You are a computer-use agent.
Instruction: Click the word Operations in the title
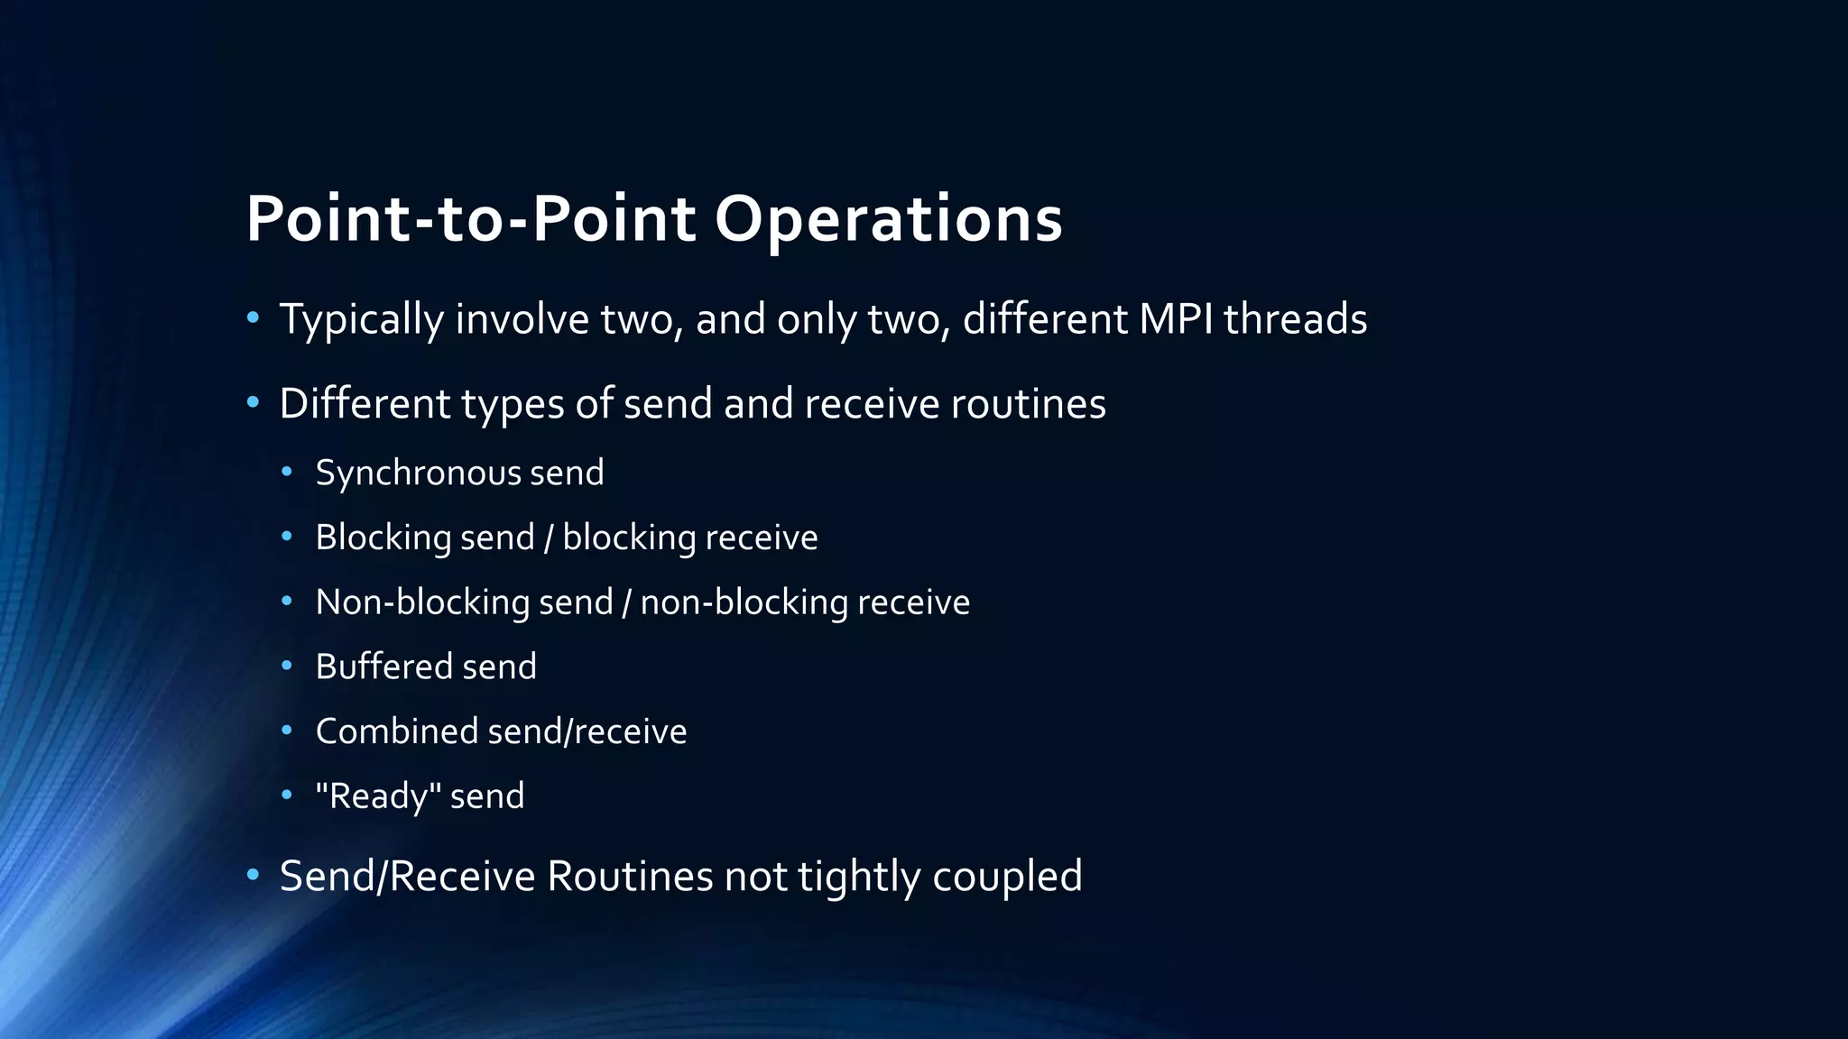(x=888, y=219)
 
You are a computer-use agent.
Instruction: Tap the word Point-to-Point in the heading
(x=470, y=219)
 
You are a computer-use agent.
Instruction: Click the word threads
(x=1295, y=319)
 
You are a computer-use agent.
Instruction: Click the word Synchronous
(x=418, y=474)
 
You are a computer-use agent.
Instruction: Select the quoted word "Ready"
(x=378, y=796)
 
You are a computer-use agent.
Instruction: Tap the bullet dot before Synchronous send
(x=287, y=472)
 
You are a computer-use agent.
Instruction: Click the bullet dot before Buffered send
(x=287, y=666)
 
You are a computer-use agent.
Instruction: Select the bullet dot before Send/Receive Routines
(x=253, y=874)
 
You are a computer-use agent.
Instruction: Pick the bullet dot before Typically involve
(x=253, y=317)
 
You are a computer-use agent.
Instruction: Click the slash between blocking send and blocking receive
(x=549, y=538)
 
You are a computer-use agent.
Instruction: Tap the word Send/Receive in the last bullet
(x=408, y=877)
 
